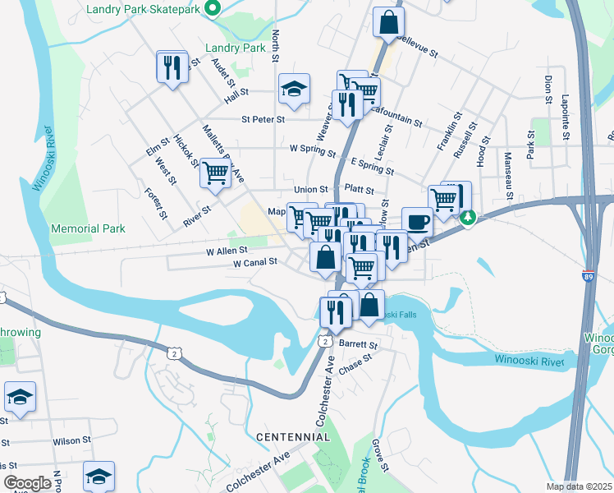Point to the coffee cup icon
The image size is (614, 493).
pyautogui.click(x=417, y=222)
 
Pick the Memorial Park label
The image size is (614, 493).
pyautogui.click(x=88, y=228)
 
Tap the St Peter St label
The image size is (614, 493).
pyautogui.click(x=263, y=119)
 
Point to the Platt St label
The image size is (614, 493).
pyautogui.click(x=360, y=190)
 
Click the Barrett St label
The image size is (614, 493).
pyautogui.click(x=361, y=346)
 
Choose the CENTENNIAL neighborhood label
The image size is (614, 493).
pyautogui.click(x=292, y=436)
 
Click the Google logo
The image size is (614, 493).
pyautogui.click(x=27, y=483)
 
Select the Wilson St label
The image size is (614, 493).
pyautogui.click(x=72, y=441)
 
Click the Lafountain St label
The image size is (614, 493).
pyautogui.click(x=396, y=115)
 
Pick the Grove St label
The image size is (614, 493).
pyautogui.click(x=380, y=455)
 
